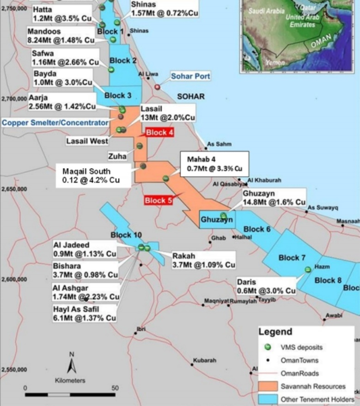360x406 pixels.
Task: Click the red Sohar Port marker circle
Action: (x=157, y=86)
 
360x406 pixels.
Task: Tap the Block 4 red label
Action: (x=159, y=133)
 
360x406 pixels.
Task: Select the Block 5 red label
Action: (x=158, y=201)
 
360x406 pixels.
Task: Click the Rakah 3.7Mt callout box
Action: (x=204, y=260)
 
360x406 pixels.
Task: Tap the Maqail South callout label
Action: (x=91, y=176)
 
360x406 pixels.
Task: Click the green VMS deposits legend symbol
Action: (x=266, y=347)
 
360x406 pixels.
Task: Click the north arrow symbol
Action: (x=72, y=365)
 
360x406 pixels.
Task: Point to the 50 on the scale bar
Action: (x=115, y=388)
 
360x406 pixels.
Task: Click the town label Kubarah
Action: (x=204, y=360)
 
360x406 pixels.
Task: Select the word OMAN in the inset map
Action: (x=321, y=44)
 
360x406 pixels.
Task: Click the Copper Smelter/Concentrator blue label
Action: (x=55, y=123)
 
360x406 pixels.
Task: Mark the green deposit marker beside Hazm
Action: (x=308, y=269)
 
